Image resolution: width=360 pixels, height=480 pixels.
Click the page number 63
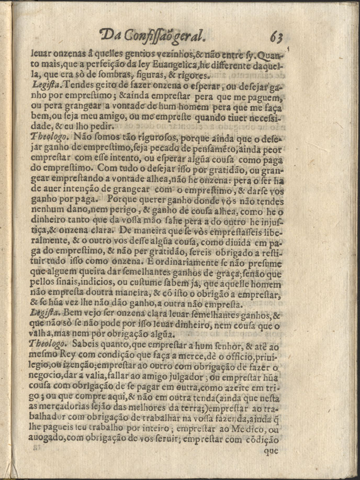click(277, 37)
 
